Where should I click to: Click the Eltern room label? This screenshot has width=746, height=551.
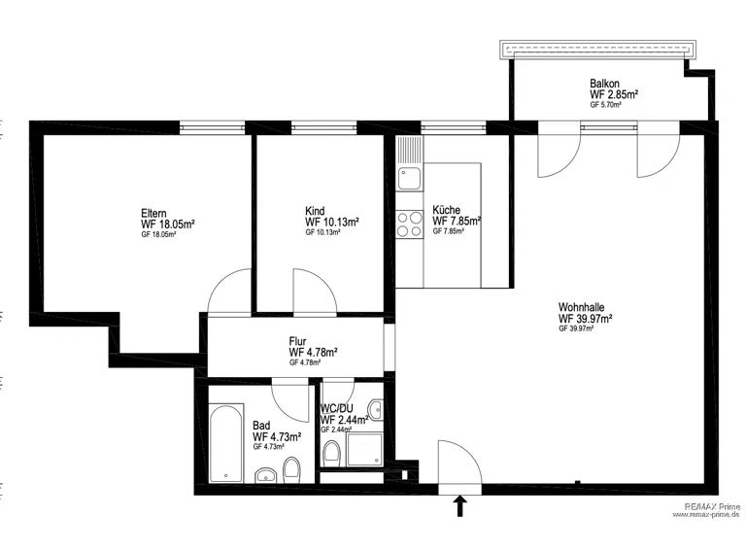pos(153,213)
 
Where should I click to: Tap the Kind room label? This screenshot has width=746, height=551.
pos(315,211)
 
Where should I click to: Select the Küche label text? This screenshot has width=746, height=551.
pos(446,210)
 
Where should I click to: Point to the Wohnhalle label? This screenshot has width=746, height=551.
pos(582,307)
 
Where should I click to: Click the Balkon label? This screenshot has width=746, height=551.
pos(604,84)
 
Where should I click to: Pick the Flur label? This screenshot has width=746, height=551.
pos(297,341)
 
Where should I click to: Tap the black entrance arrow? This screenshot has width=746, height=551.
pos(459,505)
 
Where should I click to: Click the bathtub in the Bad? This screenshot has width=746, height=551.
pos(226,443)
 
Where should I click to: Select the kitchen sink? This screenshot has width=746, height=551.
pos(410,179)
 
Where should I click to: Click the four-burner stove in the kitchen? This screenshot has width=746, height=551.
pos(410,224)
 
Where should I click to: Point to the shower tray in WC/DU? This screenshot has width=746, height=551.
pos(365,449)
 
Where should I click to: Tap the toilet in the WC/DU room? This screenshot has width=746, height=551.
pos(331,454)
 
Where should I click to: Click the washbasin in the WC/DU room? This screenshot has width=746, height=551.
pos(376,410)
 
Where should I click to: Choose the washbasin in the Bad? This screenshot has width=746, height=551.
pos(266,475)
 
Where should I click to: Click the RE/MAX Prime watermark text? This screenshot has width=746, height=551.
pos(712,506)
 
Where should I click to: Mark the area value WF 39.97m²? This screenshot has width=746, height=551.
pos(585,319)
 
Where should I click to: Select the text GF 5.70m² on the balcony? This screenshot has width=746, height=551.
pos(606,105)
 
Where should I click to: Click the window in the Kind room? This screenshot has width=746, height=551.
pos(323,127)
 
